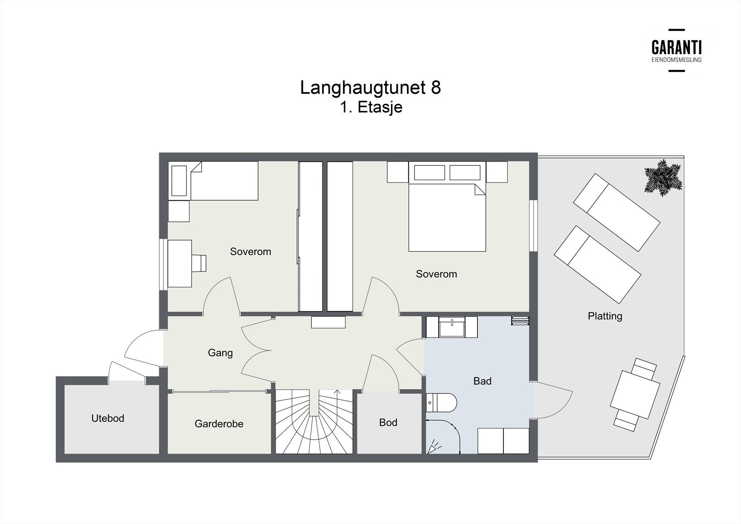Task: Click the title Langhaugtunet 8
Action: point(370,88)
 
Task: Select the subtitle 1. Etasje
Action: point(371,107)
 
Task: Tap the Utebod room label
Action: point(108,418)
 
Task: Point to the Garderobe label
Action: point(219,424)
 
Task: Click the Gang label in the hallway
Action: point(220,353)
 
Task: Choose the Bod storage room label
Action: point(388,423)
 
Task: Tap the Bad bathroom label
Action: point(482,381)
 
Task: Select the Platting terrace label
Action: point(605,316)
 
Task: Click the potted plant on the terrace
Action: point(663,178)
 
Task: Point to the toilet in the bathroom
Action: point(441,403)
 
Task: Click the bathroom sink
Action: point(452,327)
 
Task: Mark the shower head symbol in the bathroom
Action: point(434,447)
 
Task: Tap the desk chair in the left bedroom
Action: point(199,263)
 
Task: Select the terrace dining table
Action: point(635,395)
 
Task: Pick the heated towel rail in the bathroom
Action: point(521,321)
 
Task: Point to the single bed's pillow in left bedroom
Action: point(179,181)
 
